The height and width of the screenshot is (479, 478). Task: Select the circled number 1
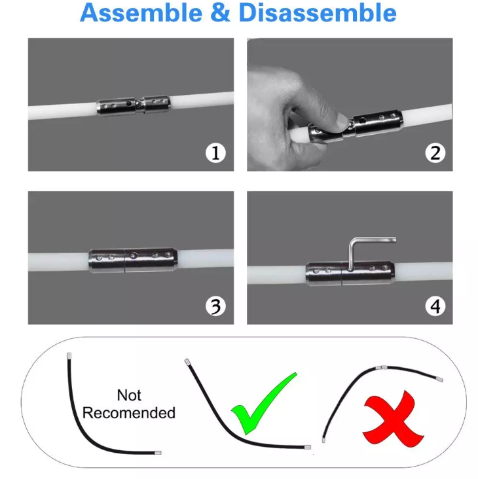(215, 153)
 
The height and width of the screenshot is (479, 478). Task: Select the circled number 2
(435, 153)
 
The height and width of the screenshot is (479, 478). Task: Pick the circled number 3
(215, 306)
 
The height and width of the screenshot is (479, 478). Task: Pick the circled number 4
(435, 306)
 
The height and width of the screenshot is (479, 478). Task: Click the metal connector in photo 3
(132, 259)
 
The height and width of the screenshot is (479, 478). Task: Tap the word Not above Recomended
(129, 395)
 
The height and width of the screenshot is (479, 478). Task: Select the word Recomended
(129, 413)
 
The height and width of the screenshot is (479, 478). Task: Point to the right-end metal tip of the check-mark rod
(306, 447)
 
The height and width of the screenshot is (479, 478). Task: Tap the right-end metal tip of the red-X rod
(439, 380)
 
